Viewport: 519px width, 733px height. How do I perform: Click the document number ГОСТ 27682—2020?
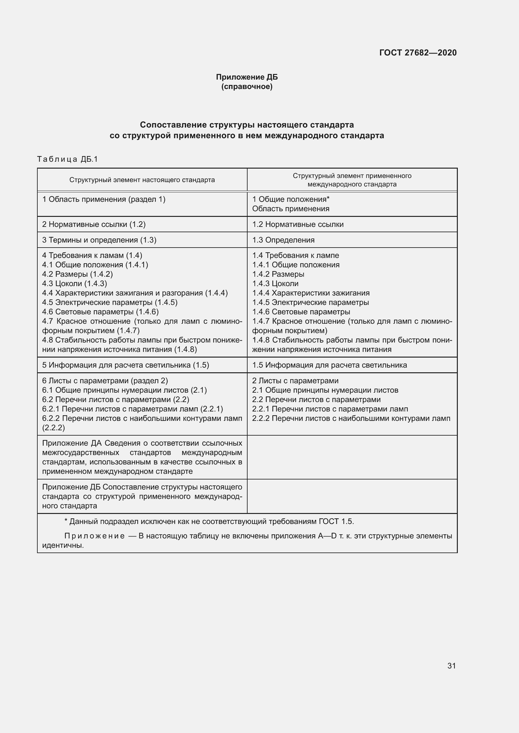point(418,53)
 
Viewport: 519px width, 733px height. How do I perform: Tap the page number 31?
point(451,666)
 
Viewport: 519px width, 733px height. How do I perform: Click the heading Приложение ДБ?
point(247,77)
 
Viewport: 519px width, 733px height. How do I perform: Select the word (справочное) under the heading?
point(247,86)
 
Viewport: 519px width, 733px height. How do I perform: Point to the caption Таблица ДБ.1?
point(67,159)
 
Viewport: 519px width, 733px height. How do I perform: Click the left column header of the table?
point(142,180)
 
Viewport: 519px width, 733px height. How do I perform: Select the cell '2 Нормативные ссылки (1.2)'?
point(94,224)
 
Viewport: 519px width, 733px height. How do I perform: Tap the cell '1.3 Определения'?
point(283,240)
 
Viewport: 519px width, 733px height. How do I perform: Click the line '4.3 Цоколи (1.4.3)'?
point(74,284)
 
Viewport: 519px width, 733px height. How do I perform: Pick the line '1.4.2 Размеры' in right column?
point(278,274)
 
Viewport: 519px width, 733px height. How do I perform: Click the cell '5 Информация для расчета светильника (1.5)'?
point(125,365)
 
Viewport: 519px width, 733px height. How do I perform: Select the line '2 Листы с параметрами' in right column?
point(295,380)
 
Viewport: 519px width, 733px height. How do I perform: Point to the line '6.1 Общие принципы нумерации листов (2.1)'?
point(124,390)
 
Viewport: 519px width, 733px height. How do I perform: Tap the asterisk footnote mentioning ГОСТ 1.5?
point(209,521)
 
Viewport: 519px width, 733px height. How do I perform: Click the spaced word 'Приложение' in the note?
point(94,536)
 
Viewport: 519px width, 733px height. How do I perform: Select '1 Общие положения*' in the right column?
point(291,199)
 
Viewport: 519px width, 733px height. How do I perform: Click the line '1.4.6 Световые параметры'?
point(301,312)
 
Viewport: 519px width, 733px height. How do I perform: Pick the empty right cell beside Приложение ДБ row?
point(352,496)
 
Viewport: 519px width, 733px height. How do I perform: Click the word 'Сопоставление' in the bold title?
point(173,124)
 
